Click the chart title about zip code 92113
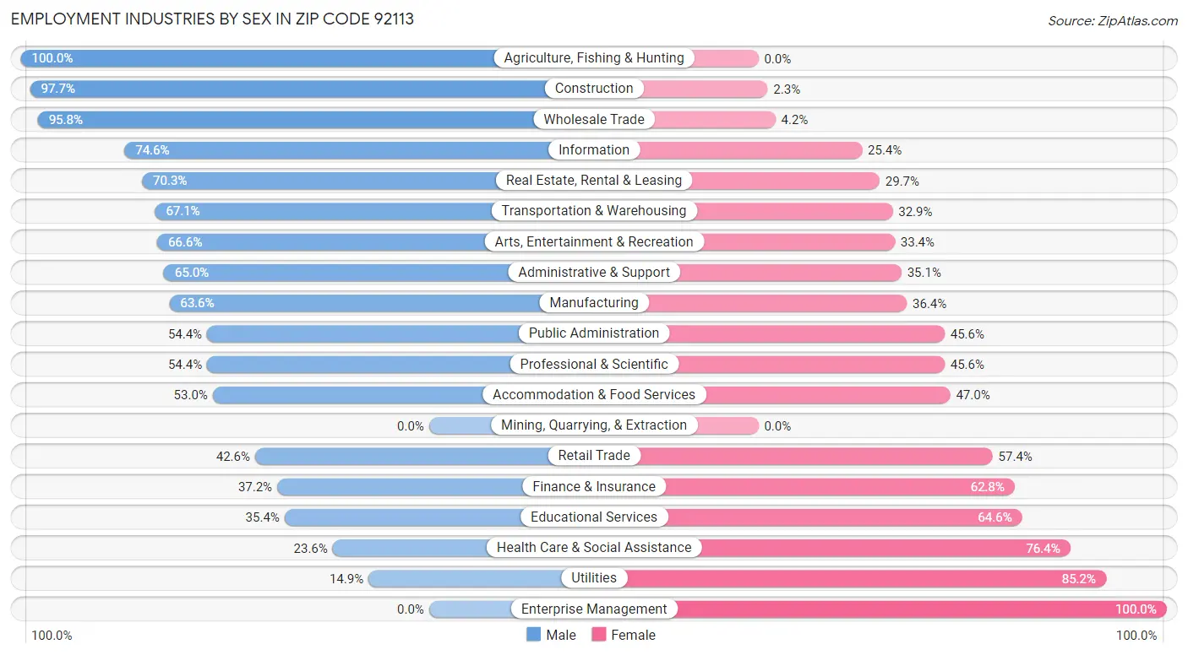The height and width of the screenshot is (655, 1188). [212, 19]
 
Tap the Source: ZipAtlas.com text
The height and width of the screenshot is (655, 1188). [1112, 20]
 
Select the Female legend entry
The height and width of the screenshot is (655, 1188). [624, 635]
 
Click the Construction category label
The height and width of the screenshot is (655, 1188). [594, 89]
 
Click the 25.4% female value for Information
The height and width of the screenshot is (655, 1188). [884, 150]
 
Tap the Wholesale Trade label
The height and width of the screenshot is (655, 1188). [594, 120]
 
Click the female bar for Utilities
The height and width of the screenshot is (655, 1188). [862, 578]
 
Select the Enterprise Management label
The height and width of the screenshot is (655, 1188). [594, 609]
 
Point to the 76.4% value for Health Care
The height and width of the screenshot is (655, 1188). [1043, 548]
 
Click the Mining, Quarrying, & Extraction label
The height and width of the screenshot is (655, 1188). [594, 425]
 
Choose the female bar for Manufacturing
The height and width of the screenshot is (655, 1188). [777, 303]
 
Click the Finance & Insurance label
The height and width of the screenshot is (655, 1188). [594, 486]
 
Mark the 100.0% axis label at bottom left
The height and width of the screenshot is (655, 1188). [52, 636]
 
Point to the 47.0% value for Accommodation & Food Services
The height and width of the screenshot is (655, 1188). [973, 395]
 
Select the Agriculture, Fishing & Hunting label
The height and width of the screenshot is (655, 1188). [594, 58]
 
